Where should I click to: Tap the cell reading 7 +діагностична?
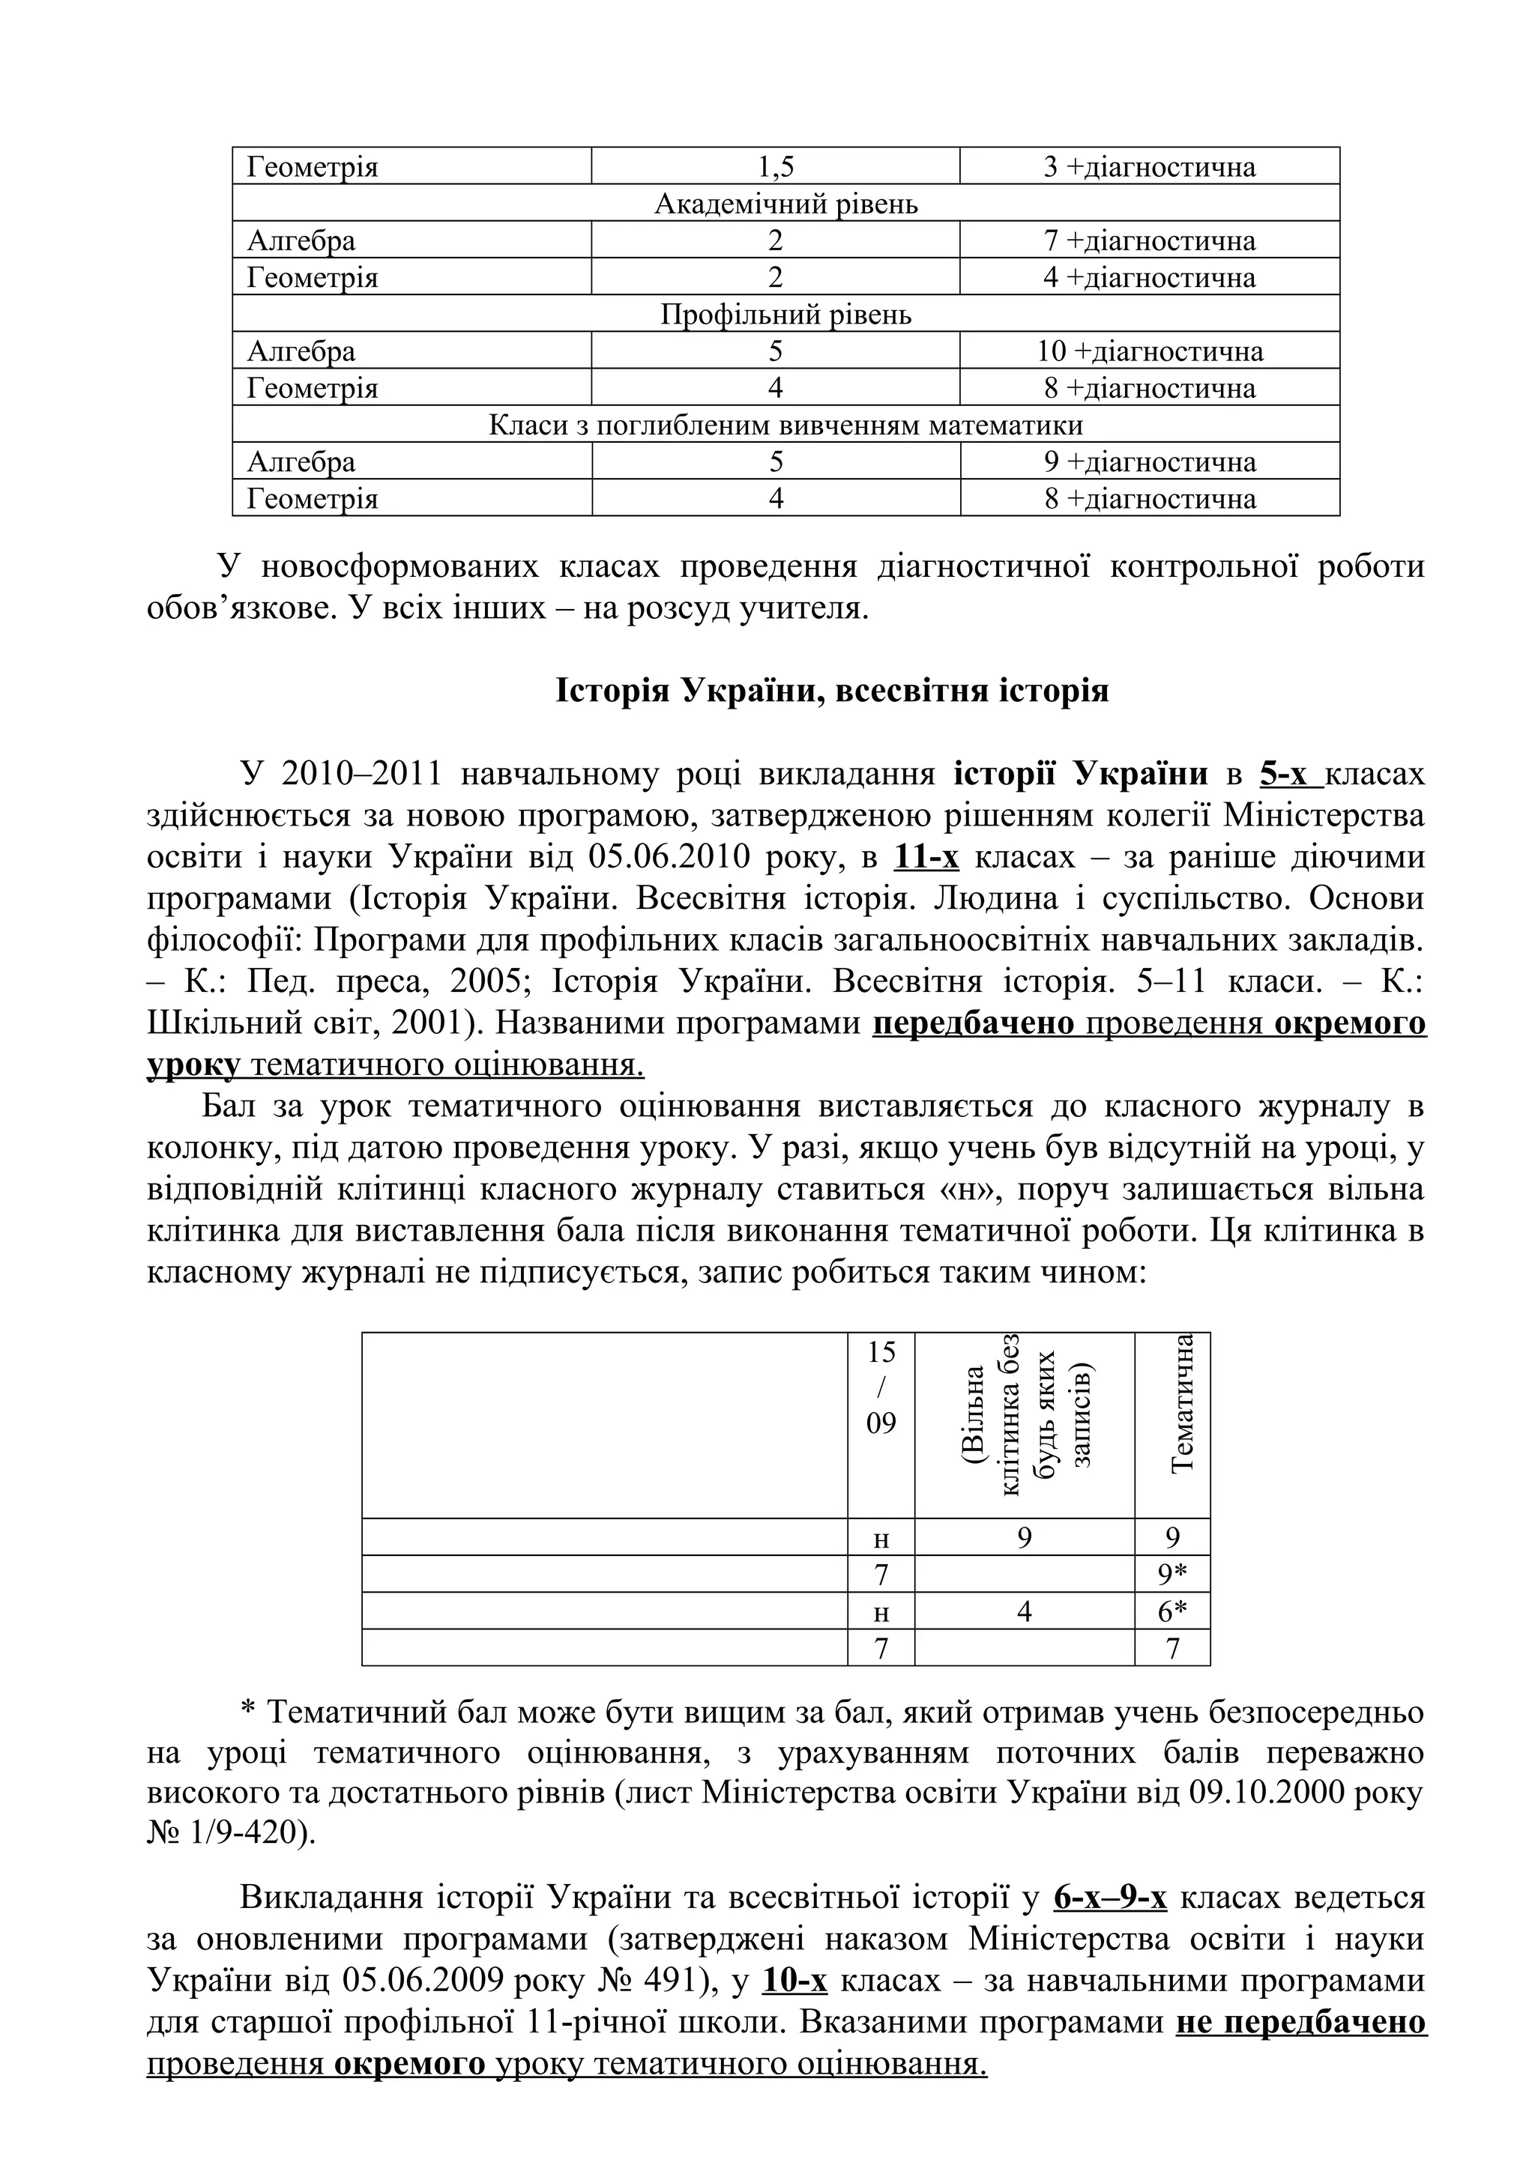tap(1149, 241)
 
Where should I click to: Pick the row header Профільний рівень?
tap(786, 315)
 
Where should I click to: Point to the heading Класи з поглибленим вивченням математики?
tap(786, 426)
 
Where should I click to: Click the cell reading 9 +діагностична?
tap(1149, 462)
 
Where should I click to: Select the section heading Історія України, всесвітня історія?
tap(831, 691)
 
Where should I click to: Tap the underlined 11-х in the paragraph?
tap(926, 858)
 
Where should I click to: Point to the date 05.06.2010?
tap(669, 858)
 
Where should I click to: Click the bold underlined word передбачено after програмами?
tap(973, 1024)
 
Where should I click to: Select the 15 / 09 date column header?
tap(881, 1387)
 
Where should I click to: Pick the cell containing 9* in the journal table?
tap(1173, 1575)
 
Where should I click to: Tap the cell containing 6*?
tap(1173, 1612)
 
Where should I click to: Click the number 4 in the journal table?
tap(1025, 1612)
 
